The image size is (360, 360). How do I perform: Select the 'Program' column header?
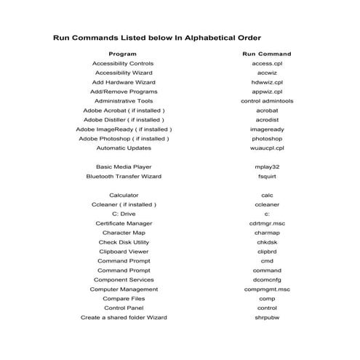[122, 54]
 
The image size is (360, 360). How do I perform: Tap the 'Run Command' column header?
[266, 54]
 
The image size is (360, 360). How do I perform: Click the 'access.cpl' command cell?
[266, 63]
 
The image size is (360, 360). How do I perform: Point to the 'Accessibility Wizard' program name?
[123, 73]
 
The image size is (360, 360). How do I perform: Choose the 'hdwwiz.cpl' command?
[266, 82]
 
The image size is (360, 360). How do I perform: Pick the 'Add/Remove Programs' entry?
[123, 92]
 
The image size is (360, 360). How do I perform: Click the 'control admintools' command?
[266, 101]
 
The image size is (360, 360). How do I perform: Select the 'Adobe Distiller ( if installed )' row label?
[123, 119]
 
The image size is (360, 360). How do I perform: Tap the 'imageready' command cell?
[266, 129]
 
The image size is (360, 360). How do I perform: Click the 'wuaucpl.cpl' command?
[266, 148]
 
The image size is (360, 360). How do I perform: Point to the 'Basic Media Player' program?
[123, 167]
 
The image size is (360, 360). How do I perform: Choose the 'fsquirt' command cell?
[266, 176]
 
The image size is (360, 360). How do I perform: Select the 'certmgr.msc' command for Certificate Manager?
[266, 223]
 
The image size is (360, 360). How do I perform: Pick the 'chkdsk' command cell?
[266, 242]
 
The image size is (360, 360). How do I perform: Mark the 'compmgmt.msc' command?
[266, 289]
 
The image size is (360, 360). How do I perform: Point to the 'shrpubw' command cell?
[266, 317]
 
